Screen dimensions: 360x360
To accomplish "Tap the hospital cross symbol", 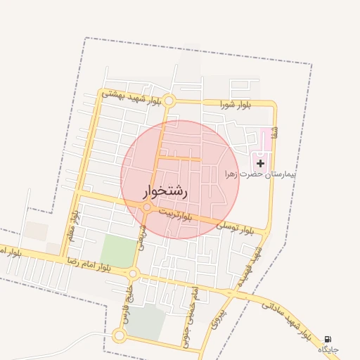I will click(x=260, y=163).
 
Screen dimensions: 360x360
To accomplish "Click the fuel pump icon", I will click(x=328, y=340).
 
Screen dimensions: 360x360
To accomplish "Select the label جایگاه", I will click(x=328, y=349).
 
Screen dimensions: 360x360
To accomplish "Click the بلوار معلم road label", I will click(x=72, y=223).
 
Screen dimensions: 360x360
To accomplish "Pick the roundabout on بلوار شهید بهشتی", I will click(x=168, y=101).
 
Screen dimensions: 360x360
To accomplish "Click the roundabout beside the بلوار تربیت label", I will click(x=147, y=207).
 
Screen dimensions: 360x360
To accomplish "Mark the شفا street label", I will click(x=275, y=131).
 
